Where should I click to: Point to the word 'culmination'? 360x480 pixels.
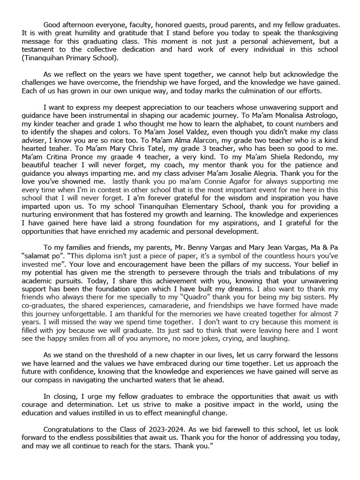[259, 91]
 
